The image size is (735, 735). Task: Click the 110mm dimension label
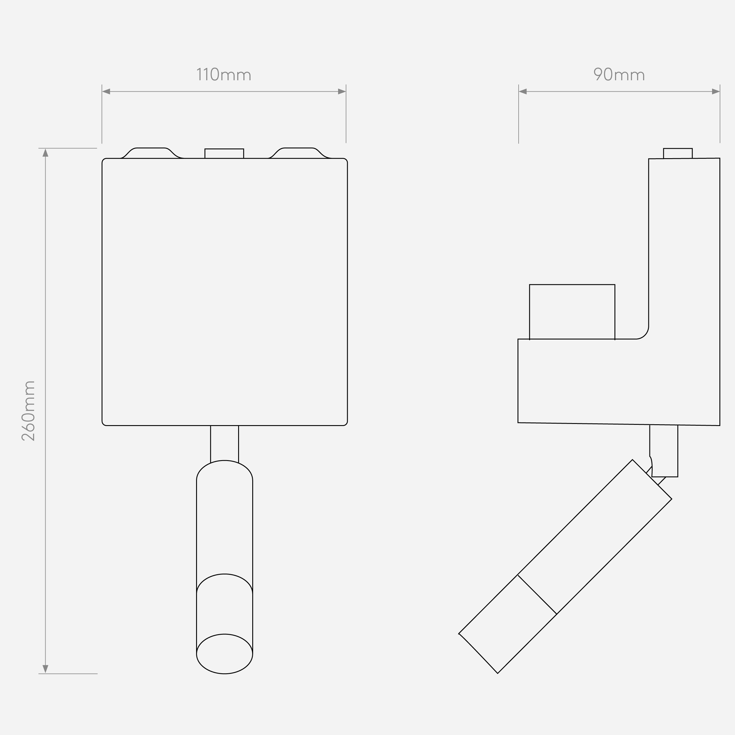pyautogui.click(x=224, y=75)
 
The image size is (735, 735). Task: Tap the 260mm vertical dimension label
pyautogui.click(x=29, y=411)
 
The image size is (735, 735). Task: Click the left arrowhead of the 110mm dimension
pyautogui.click(x=106, y=91)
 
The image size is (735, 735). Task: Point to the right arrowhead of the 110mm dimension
pyautogui.click(x=342, y=91)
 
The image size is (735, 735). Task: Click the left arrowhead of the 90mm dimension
pyautogui.click(x=523, y=91)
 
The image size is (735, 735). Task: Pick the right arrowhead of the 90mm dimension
pyautogui.click(x=716, y=91)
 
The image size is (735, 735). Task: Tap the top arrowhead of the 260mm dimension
pyautogui.click(x=45, y=153)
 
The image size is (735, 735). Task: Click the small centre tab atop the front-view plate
pyautogui.click(x=224, y=153)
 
